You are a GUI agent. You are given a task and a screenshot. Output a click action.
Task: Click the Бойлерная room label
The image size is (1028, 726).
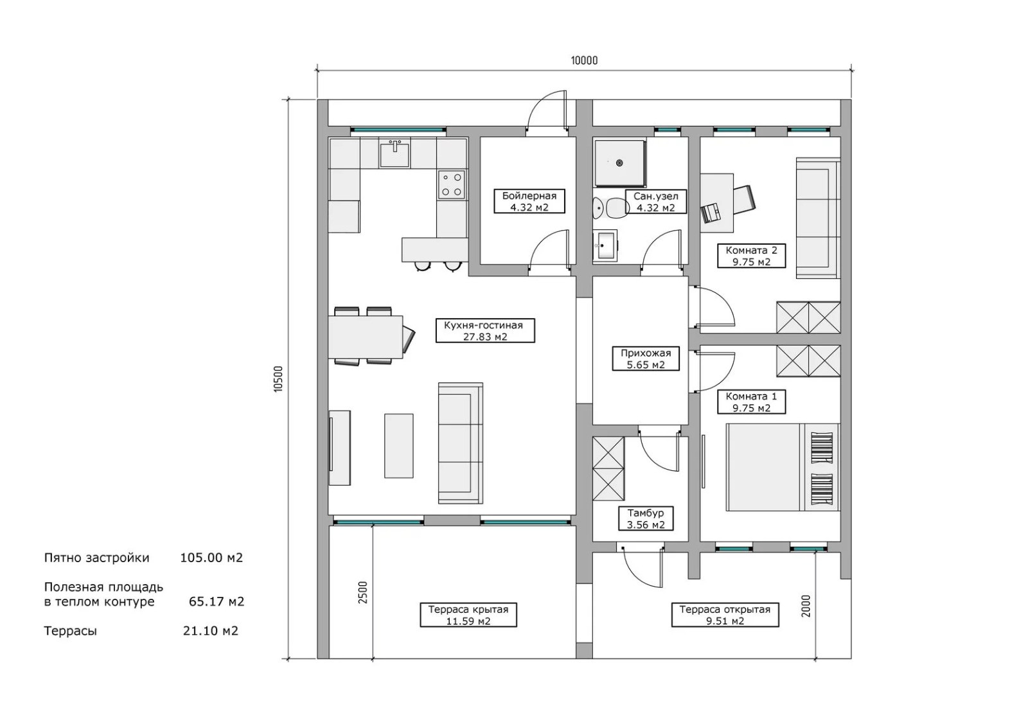529,202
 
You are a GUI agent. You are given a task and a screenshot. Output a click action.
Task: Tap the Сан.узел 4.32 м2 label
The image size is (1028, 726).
656,202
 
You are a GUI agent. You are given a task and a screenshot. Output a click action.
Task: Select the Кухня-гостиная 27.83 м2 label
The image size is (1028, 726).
485,330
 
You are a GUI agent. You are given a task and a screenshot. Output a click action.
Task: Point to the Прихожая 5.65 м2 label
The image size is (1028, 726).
646,359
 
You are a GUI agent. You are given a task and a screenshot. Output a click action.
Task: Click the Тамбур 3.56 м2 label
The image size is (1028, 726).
646,518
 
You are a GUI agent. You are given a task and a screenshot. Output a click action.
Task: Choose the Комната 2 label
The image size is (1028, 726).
751,256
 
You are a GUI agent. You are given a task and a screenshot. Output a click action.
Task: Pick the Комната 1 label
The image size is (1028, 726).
751,402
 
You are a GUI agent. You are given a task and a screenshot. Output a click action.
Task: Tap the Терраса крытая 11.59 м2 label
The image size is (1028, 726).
468,615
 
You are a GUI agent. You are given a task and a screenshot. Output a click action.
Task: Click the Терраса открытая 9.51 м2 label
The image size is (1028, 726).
725,615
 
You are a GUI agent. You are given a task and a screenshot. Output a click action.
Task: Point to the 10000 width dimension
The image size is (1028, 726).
584,60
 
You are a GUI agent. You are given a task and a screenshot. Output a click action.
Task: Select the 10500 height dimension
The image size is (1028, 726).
279,378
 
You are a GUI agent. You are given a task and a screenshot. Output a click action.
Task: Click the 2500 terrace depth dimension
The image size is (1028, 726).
363,592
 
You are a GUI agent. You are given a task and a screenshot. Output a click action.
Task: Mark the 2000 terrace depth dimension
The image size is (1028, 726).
806,606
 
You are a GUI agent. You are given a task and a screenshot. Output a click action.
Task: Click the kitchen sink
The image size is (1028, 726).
394,154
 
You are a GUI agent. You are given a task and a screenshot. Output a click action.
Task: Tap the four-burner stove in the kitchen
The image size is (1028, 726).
452,184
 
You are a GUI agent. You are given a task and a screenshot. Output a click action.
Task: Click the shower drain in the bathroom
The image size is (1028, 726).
619,163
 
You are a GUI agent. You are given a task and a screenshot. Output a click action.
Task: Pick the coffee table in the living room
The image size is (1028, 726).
399,446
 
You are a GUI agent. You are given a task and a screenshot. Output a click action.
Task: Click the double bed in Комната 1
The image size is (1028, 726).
783,467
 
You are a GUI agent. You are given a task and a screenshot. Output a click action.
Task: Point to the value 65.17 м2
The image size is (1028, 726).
217,601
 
